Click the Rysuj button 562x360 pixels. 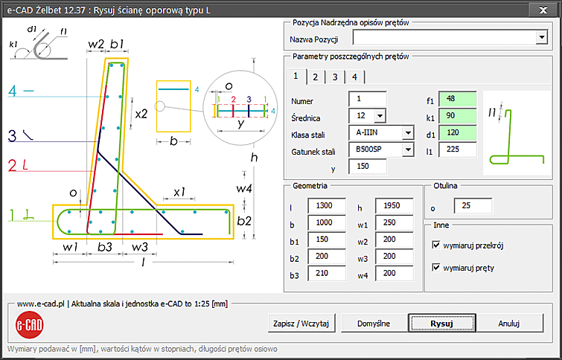442,324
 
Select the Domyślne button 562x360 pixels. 374,324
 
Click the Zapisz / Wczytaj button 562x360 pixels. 301,324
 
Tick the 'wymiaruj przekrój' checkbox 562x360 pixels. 436,245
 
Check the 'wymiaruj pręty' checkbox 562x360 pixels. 436,268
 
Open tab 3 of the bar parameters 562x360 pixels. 335,77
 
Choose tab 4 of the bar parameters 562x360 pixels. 354,77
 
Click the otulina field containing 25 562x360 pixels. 473,206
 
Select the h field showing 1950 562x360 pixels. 394,205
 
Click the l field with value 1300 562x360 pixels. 327,205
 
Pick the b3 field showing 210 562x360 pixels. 327,273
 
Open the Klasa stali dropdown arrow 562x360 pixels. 408,133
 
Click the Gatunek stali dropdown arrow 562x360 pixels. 408,150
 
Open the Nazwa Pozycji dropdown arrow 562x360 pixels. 541,37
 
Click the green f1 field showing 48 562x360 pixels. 458,99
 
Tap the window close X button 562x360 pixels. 543,10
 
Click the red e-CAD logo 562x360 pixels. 29,325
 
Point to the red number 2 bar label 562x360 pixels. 12,166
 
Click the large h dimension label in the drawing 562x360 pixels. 254,157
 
